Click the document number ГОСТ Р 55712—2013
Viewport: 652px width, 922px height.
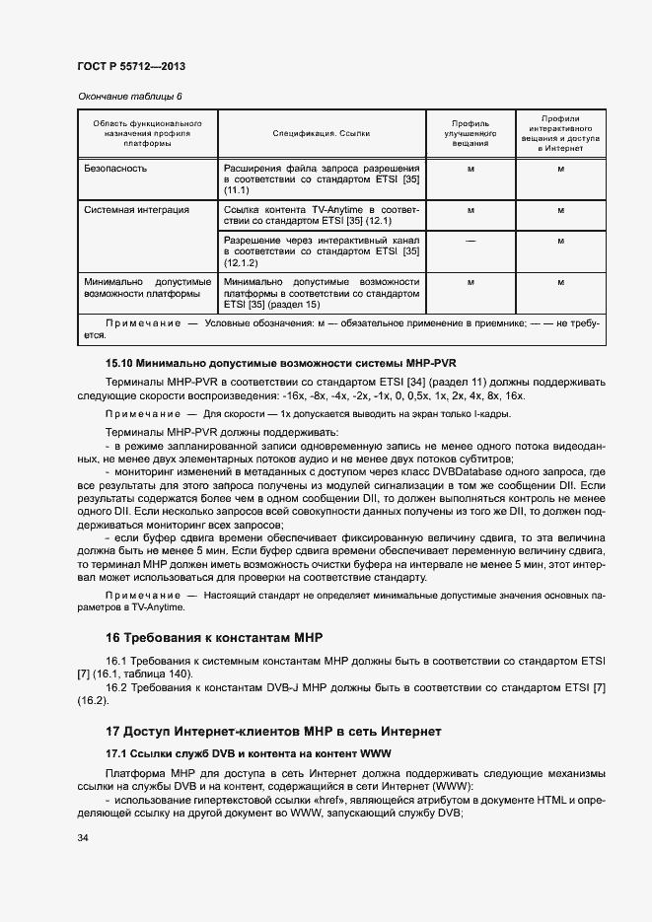click(131, 67)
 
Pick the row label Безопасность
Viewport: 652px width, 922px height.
click(116, 169)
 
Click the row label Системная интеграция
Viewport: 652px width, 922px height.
click(137, 210)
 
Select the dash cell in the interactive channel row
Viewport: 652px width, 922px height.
click(470, 240)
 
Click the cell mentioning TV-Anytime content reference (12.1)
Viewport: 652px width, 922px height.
click(322, 216)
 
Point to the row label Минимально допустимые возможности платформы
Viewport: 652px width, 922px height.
click(148, 287)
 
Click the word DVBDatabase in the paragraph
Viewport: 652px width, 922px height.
click(439, 472)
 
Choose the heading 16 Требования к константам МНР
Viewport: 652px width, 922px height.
click(214, 636)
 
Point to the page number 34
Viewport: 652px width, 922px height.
click(83, 839)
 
